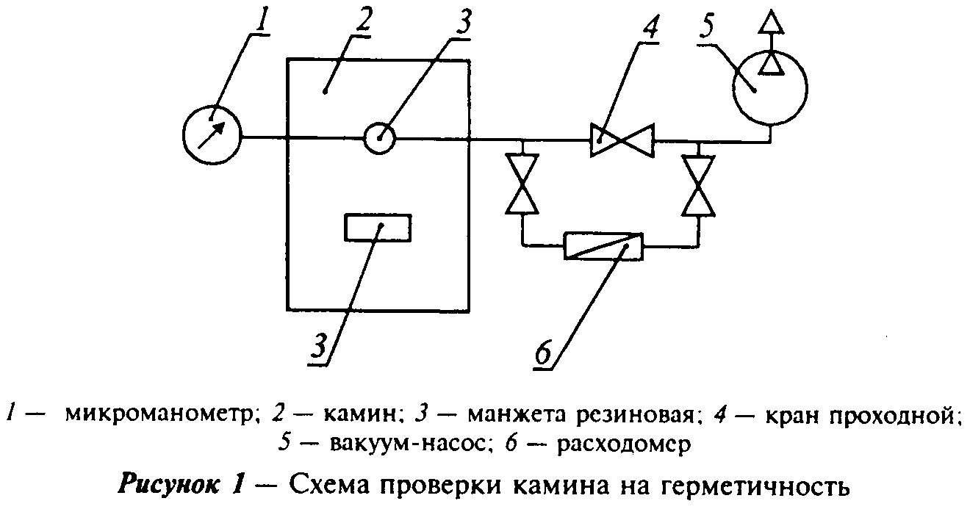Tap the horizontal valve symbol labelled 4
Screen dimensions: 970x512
click(x=622, y=140)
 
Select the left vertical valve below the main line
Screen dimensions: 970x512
click(x=522, y=184)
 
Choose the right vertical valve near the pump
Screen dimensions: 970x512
click(x=698, y=185)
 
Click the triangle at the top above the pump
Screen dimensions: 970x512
click(x=771, y=21)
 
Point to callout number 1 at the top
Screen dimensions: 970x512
click(x=262, y=19)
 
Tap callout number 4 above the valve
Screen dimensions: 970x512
click(x=649, y=27)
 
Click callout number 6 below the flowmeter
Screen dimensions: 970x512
click(x=543, y=351)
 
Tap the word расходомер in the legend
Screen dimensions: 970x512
click(x=624, y=444)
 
